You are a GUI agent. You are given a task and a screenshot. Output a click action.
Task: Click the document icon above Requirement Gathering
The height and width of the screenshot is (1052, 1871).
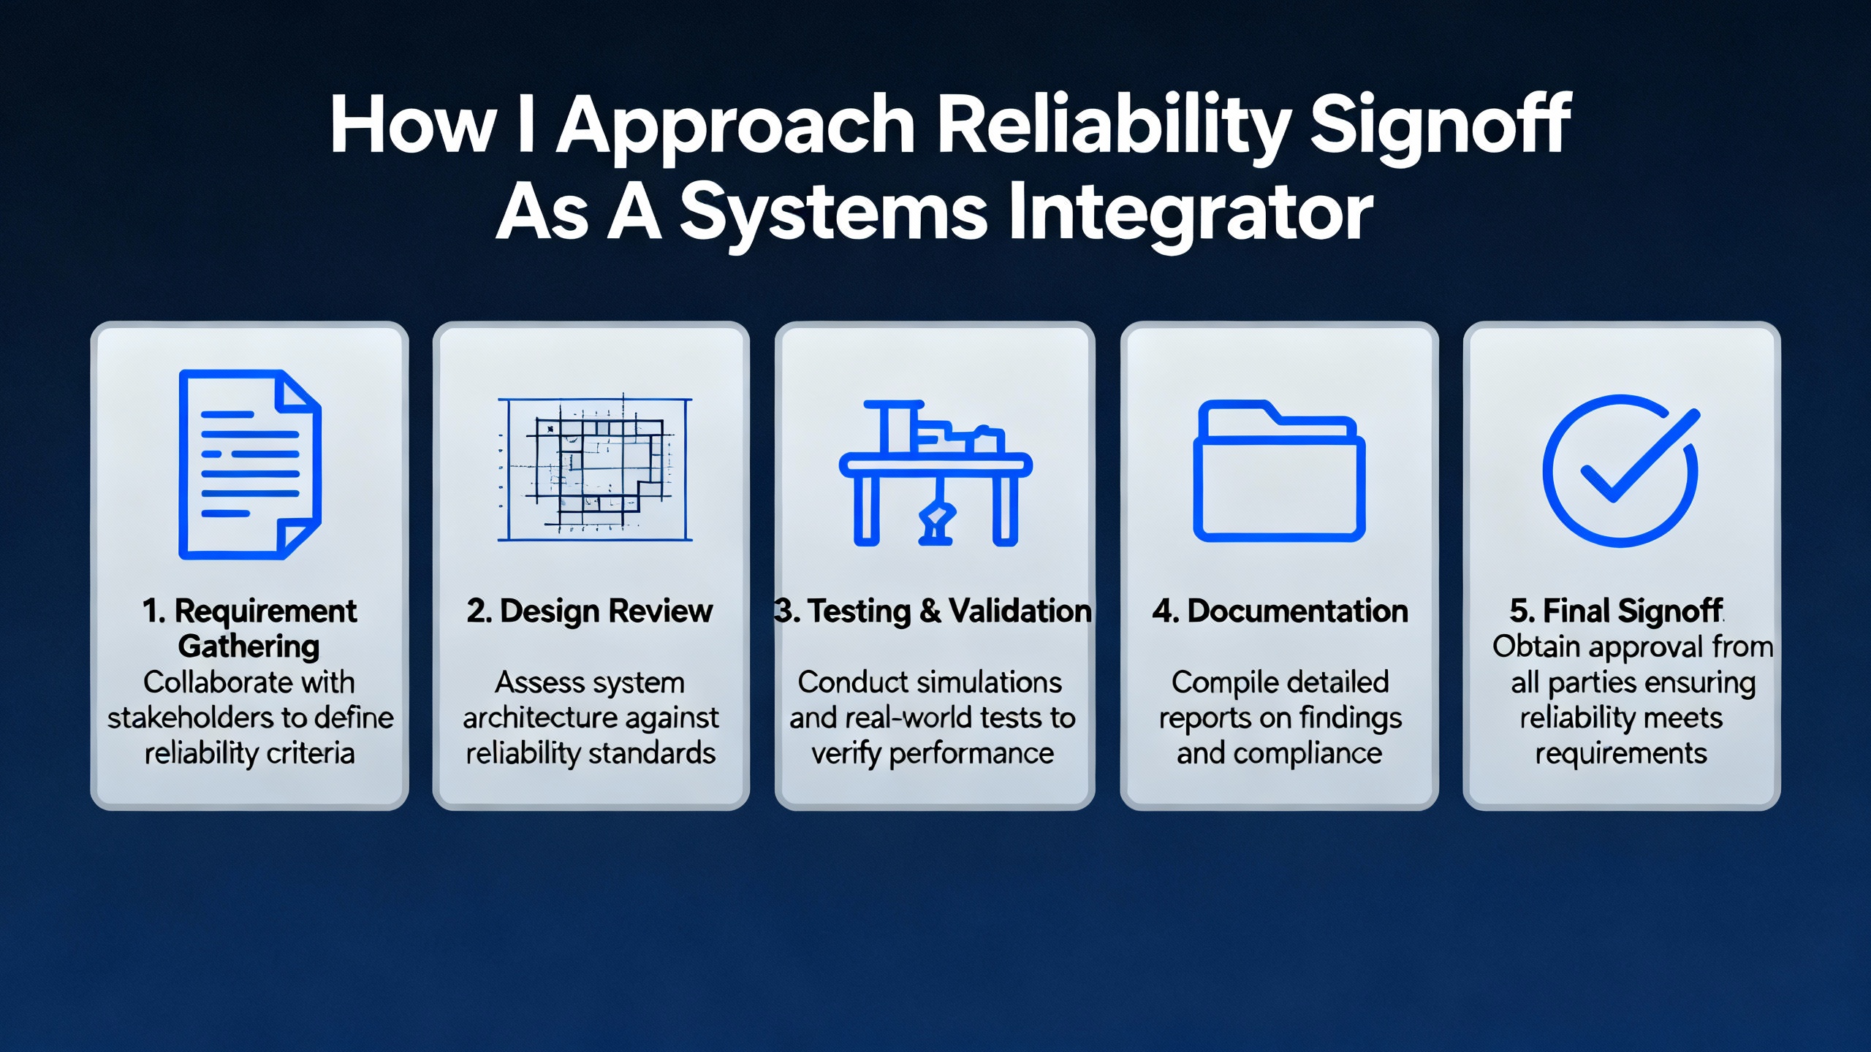[x=250, y=465]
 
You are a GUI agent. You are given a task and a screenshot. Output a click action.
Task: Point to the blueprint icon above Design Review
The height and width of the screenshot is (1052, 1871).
[x=595, y=469]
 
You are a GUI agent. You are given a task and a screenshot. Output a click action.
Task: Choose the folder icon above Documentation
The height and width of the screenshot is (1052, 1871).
[x=1279, y=470]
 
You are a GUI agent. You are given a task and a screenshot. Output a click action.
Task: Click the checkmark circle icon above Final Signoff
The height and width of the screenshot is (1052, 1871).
[x=1621, y=470]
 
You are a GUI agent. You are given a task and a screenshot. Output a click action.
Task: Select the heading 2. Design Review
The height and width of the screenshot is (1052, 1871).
[x=590, y=611]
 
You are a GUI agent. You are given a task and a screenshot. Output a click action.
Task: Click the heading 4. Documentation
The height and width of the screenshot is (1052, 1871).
[x=1280, y=611]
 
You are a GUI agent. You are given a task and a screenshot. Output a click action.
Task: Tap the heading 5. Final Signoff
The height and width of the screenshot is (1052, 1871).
[x=1616, y=611]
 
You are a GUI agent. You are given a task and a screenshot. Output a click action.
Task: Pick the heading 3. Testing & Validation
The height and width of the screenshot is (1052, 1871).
[x=933, y=611]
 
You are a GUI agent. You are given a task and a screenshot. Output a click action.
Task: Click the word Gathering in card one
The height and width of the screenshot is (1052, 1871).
[x=249, y=647]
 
